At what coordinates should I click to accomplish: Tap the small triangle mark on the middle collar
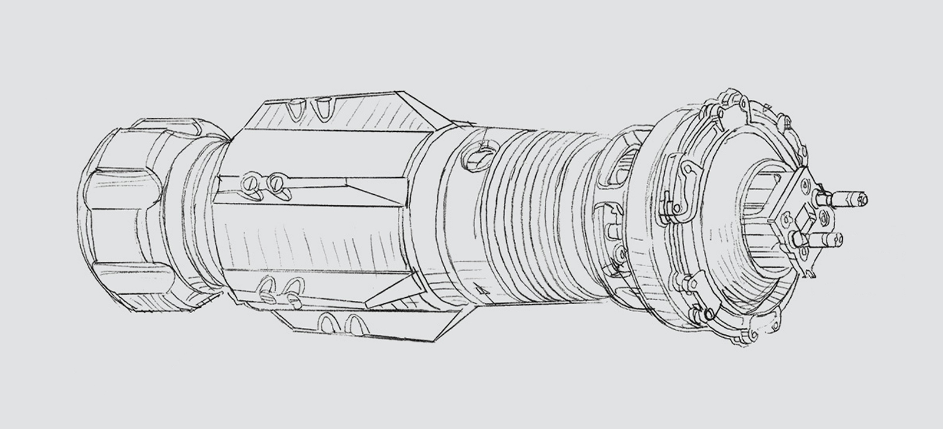[483, 290]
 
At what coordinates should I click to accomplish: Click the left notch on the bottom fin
[327, 323]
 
